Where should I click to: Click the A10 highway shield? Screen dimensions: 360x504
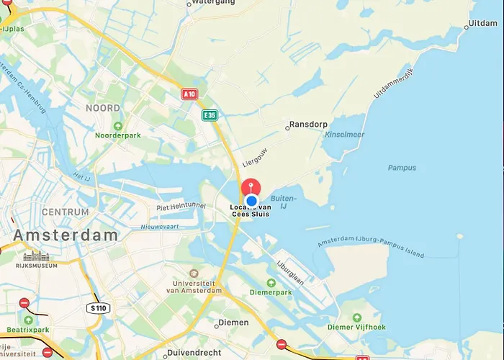click(x=189, y=94)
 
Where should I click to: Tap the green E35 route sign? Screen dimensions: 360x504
click(x=210, y=115)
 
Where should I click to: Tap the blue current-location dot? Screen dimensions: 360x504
click(x=252, y=201)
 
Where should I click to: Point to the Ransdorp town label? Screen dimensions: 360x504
click(x=307, y=124)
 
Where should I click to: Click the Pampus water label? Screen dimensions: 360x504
click(x=402, y=168)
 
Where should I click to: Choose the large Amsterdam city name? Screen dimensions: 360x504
click(x=66, y=235)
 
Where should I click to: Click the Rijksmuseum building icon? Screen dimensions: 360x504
click(x=34, y=256)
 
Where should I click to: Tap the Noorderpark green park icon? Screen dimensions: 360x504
click(x=117, y=125)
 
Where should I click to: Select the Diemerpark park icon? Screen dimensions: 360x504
click(x=271, y=282)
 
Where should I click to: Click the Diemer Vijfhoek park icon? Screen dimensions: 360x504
click(x=357, y=317)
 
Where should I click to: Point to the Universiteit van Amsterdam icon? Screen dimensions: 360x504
click(x=193, y=274)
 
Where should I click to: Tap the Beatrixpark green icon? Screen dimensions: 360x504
click(x=28, y=319)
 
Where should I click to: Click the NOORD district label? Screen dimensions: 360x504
click(x=103, y=108)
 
